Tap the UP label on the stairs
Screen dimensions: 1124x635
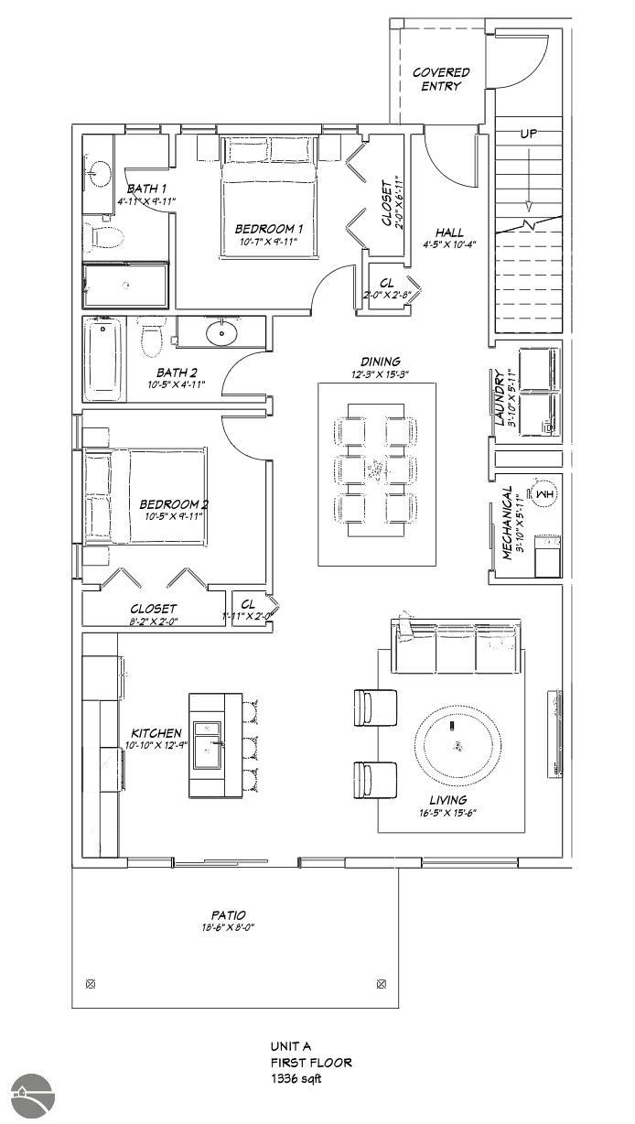tap(528, 134)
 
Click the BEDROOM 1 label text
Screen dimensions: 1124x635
tap(269, 228)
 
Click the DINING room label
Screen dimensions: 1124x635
tap(380, 362)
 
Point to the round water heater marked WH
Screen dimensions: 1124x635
tap(544, 495)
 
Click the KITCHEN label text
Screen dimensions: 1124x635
tap(156, 733)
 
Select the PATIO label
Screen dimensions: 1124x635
tap(229, 914)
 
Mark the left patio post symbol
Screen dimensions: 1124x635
tap(90, 984)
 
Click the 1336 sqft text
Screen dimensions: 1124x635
tap(296, 1078)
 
